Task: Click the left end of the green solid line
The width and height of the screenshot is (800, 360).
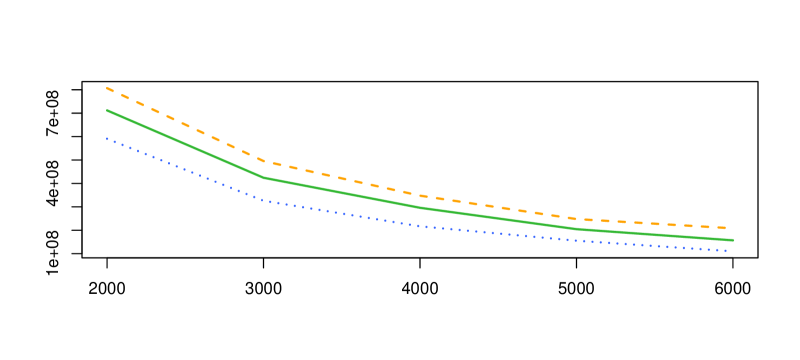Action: [x=108, y=111]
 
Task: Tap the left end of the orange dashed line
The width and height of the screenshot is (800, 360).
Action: [x=108, y=89]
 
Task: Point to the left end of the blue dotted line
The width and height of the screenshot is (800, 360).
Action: [x=108, y=139]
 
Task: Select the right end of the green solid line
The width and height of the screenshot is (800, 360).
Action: [x=733, y=240]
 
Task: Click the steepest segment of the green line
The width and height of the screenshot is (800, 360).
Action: [x=186, y=145]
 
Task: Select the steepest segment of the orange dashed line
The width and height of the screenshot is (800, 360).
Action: [x=186, y=125]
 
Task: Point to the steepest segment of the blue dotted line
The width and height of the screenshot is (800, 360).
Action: [x=186, y=170]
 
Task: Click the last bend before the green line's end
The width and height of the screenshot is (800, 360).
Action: [x=576, y=229]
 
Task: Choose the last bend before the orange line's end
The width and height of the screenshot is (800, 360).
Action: [x=576, y=219]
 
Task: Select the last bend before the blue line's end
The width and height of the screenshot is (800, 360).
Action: [x=576, y=240]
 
